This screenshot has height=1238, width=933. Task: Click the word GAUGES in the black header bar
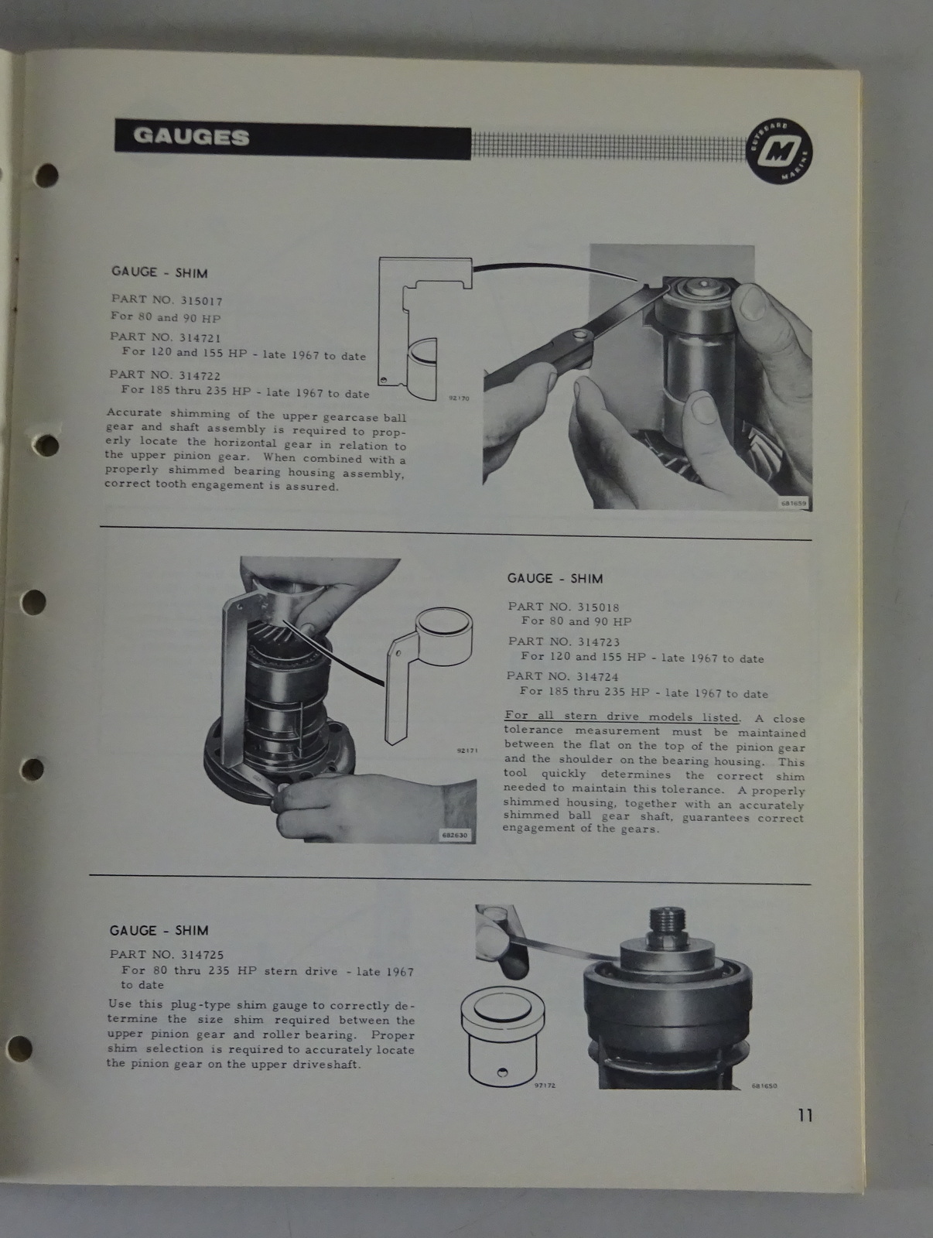tap(191, 137)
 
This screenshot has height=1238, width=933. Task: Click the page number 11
tap(805, 1115)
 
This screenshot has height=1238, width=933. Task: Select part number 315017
tap(201, 301)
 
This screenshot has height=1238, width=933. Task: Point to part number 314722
tap(200, 375)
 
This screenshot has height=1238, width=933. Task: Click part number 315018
tap(597, 607)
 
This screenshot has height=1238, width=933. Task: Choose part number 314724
tap(597, 676)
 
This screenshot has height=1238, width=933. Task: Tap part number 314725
tap(202, 955)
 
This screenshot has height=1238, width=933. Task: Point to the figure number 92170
tap(459, 398)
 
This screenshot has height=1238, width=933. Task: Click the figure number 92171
tap(467, 751)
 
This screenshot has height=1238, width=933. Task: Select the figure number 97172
tap(545, 1085)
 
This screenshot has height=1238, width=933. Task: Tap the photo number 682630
tap(454, 835)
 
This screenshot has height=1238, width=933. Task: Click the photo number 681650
tap(764, 1085)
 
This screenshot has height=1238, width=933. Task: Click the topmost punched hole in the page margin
tap(46, 176)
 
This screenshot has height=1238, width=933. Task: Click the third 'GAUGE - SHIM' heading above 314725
tap(159, 931)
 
